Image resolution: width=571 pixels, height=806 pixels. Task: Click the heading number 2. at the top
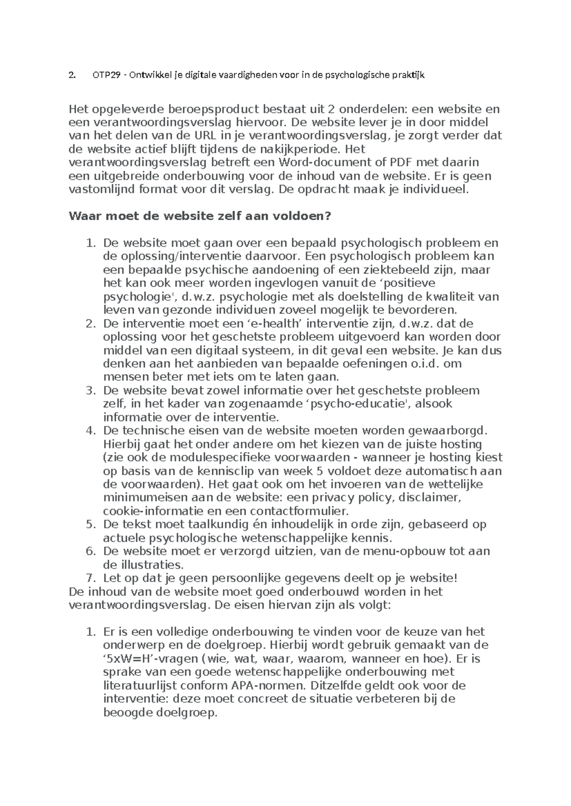tap(72, 75)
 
